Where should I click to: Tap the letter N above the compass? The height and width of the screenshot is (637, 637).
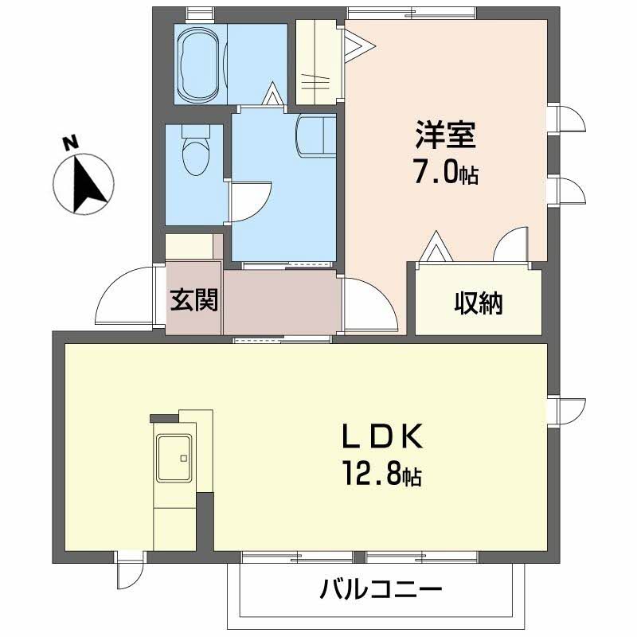(x=71, y=143)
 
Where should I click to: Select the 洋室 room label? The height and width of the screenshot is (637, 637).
(x=444, y=135)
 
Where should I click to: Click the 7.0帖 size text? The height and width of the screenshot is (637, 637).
(x=444, y=173)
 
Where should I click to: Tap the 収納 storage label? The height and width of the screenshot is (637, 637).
(x=479, y=303)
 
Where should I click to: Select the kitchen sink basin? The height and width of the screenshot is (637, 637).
(x=176, y=459)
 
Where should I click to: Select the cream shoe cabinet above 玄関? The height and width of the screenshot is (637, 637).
(x=192, y=246)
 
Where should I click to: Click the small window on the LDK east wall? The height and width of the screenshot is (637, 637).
(x=567, y=410)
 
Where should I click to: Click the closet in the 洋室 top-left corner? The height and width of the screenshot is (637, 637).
(x=316, y=62)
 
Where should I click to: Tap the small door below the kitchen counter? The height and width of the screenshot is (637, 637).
(x=128, y=572)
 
